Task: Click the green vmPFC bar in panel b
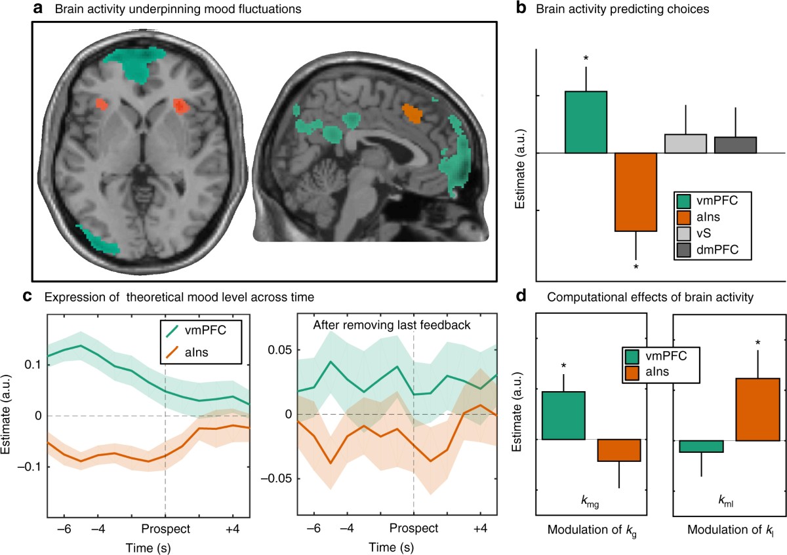click(x=585, y=123)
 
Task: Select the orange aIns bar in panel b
click(x=636, y=192)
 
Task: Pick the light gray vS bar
click(x=685, y=144)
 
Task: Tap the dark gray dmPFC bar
click(x=735, y=145)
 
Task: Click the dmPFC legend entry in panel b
click(x=708, y=250)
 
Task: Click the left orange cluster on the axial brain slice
click(x=101, y=104)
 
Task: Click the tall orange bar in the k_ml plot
click(x=758, y=409)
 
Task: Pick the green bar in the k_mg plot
click(x=563, y=415)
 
